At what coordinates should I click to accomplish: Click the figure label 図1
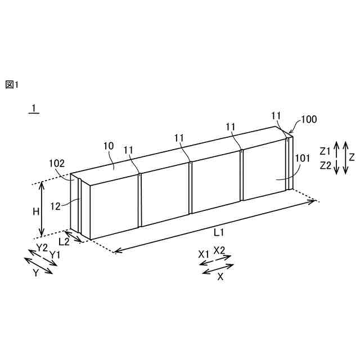coord(12,85)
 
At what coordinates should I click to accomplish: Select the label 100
coord(309,119)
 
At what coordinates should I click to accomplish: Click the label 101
coord(302,159)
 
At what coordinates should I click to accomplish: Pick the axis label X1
coord(204,254)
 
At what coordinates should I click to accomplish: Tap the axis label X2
coord(219,250)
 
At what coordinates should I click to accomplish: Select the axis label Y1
coord(55,255)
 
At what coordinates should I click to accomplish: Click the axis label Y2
coord(42,248)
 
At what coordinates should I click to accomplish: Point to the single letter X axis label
coord(220,277)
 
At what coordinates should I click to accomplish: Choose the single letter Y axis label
coord(35,273)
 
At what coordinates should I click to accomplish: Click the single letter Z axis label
coord(351,157)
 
